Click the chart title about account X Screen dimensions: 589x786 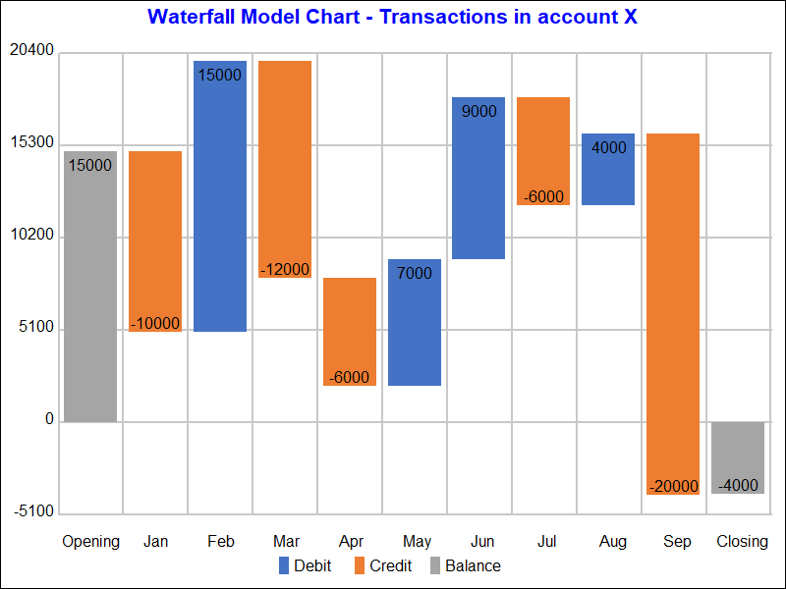(x=393, y=18)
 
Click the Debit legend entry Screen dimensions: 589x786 (x=306, y=565)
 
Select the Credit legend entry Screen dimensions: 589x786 (x=382, y=565)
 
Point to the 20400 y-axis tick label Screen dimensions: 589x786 (x=31, y=52)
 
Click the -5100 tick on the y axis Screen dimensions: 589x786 (x=33, y=512)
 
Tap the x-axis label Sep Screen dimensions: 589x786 (x=677, y=541)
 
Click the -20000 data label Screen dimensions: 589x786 (x=674, y=486)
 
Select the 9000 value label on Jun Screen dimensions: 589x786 (x=478, y=112)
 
